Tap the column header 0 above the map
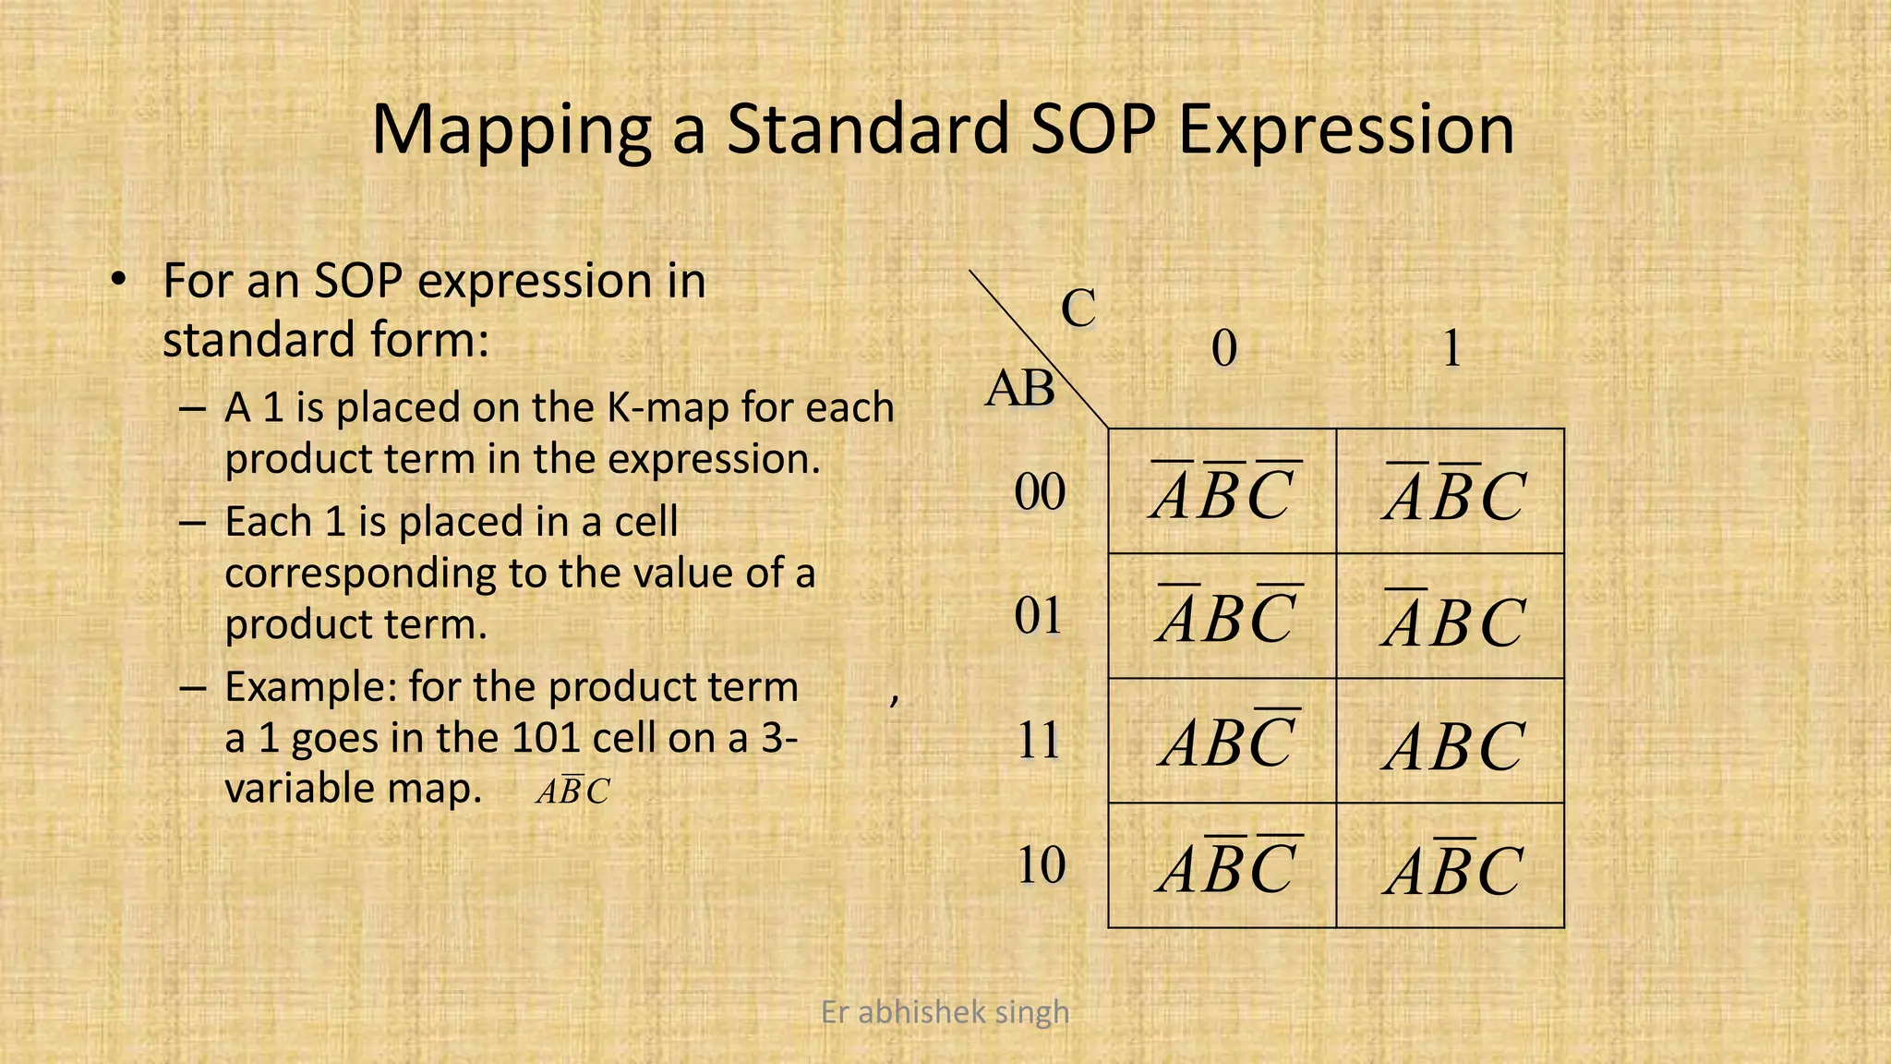point(1223,349)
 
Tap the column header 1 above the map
point(1451,349)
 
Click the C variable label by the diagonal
point(1078,308)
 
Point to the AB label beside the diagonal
point(1019,389)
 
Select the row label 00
point(1040,492)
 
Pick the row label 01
point(1039,617)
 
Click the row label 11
point(1039,741)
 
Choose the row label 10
point(1041,866)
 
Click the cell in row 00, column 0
point(1223,491)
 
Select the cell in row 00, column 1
point(1451,491)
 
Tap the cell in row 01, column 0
point(1223,616)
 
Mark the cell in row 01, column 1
point(1451,616)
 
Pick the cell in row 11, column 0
point(1223,741)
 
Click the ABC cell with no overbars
point(1451,741)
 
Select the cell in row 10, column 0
point(1223,865)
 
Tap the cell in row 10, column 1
point(1451,865)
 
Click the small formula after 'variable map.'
point(572,792)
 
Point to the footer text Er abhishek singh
point(945,1012)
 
